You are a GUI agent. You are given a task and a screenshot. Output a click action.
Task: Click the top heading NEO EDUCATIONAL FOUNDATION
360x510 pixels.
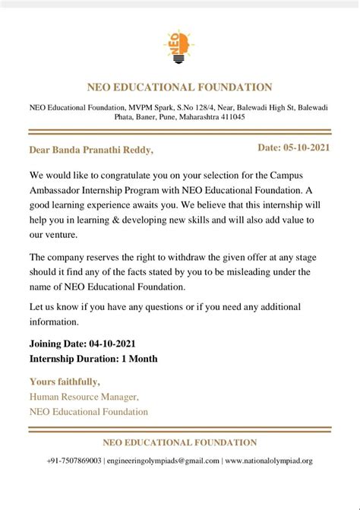179,87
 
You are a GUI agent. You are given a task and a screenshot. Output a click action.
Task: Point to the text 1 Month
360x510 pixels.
139,358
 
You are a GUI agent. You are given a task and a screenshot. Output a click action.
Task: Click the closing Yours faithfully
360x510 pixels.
65,381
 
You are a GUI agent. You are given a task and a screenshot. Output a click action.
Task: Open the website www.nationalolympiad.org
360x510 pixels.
269,461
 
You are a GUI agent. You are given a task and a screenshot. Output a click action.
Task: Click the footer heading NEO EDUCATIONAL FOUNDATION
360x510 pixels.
179,442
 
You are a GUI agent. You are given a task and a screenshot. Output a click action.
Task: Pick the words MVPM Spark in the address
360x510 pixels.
150,108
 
